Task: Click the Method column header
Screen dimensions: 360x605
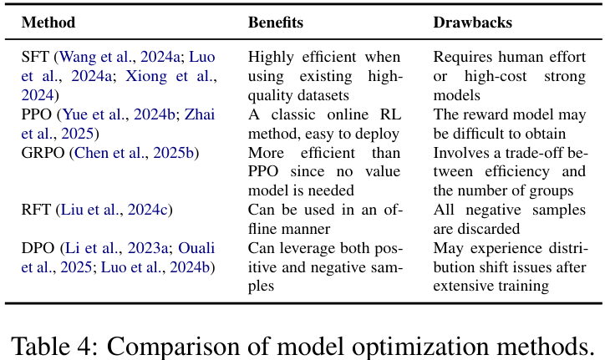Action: pyautogui.click(x=48, y=23)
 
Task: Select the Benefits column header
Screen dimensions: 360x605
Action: pyautogui.click(x=275, y=23)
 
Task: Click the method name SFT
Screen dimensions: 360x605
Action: pyautogui.click(x=35, y=57)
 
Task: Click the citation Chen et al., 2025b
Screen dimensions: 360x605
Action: pyautogui.click(x=135, y=153)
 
